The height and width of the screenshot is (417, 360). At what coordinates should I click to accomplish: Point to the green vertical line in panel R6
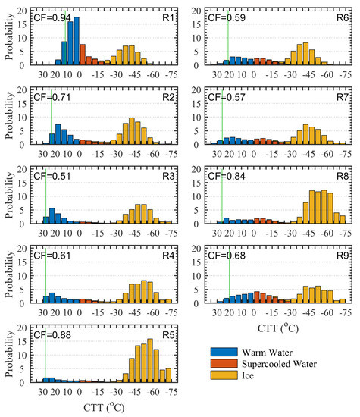coord(228,38)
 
